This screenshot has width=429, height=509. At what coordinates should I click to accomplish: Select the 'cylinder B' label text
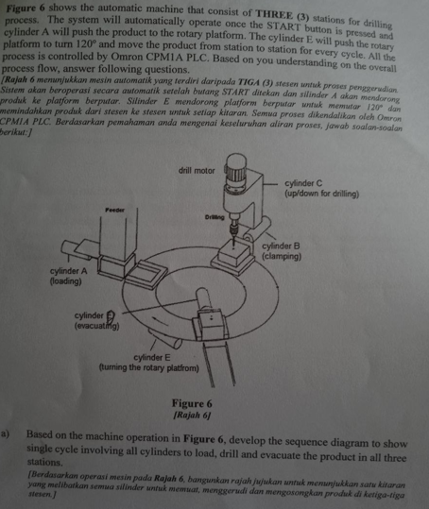[x=281, y=245]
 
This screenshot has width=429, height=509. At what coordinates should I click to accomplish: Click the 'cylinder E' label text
[x=153, y=358]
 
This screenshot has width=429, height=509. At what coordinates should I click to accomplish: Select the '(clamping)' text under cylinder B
[x=281, y=254]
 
